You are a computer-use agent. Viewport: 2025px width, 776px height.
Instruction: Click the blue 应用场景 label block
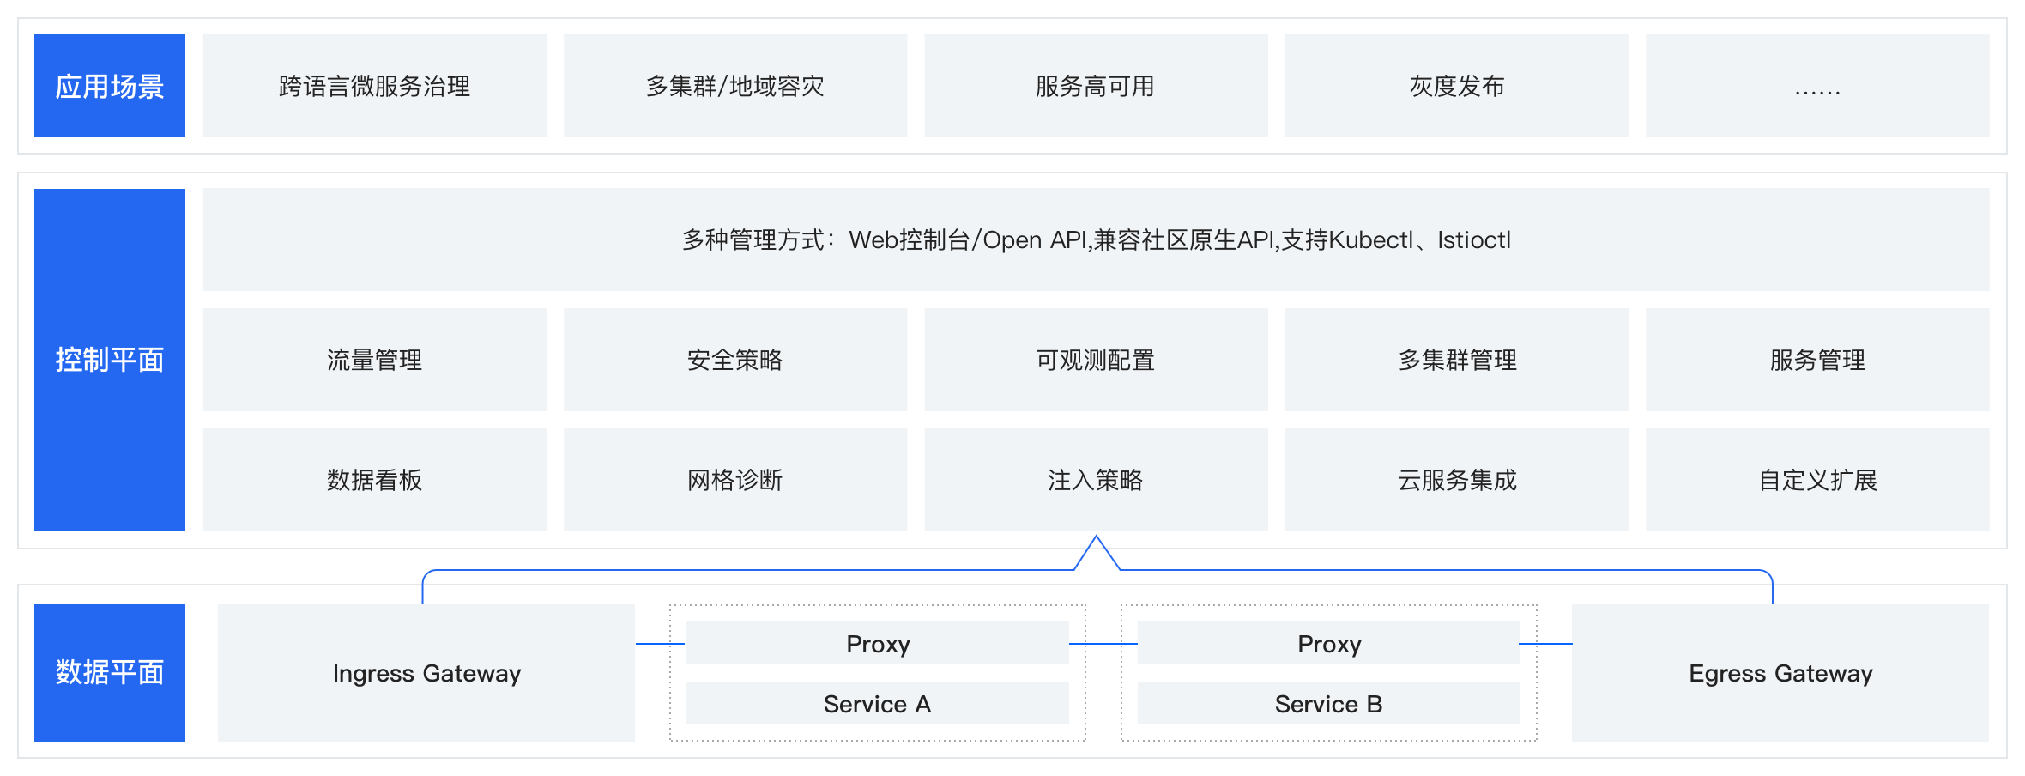[x=110, y=86]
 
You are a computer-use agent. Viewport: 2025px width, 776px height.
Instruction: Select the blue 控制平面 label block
[x=110, y=360]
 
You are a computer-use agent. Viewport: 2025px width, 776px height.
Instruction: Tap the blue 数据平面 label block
[x=110, y=672]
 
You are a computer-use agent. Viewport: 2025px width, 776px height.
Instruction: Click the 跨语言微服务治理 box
[x=374, y=86]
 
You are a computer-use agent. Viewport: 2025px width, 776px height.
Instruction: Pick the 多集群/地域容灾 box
[x=734, y=86]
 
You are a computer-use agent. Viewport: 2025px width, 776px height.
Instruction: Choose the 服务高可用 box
[x=1095, y=86]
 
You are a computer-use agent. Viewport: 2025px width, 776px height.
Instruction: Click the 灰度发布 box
[x=1456, y=86]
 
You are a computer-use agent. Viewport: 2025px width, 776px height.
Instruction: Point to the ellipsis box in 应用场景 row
[x=1816, y=86]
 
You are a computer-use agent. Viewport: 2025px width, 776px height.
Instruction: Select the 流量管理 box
[x=374, y=360]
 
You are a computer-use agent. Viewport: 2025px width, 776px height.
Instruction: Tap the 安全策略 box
[x=734, y=360]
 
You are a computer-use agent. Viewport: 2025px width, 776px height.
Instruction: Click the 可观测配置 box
[x=1095, y=360]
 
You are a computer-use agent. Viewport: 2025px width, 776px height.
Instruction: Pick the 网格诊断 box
[x=734, y=480]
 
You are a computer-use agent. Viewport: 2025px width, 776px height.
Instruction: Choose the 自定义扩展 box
[x=1816, y=480]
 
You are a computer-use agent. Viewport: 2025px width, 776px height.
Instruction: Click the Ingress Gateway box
[x=426, y=673]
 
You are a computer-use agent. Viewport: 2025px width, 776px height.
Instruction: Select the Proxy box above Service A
[x=877, y=643]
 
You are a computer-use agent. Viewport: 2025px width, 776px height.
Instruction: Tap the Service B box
[x=1328, y=703]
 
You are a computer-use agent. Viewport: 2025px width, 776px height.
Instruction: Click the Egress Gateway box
[x=1780, y=673]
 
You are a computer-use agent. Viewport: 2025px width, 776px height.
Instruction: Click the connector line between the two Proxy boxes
[x=1103, y=643]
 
